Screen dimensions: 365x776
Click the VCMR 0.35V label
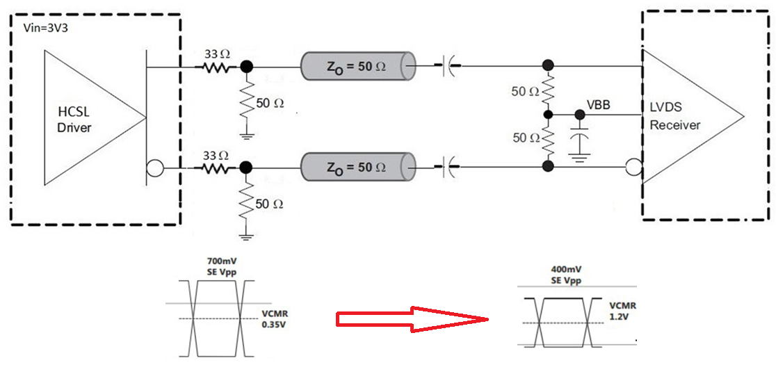273,318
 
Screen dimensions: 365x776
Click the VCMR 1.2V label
621,311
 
